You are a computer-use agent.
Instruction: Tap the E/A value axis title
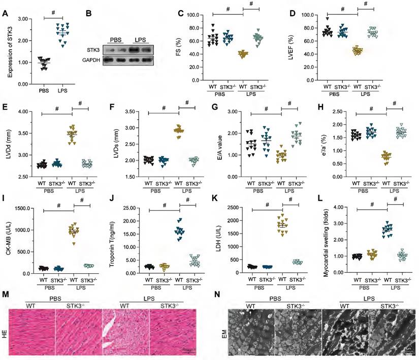219,144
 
